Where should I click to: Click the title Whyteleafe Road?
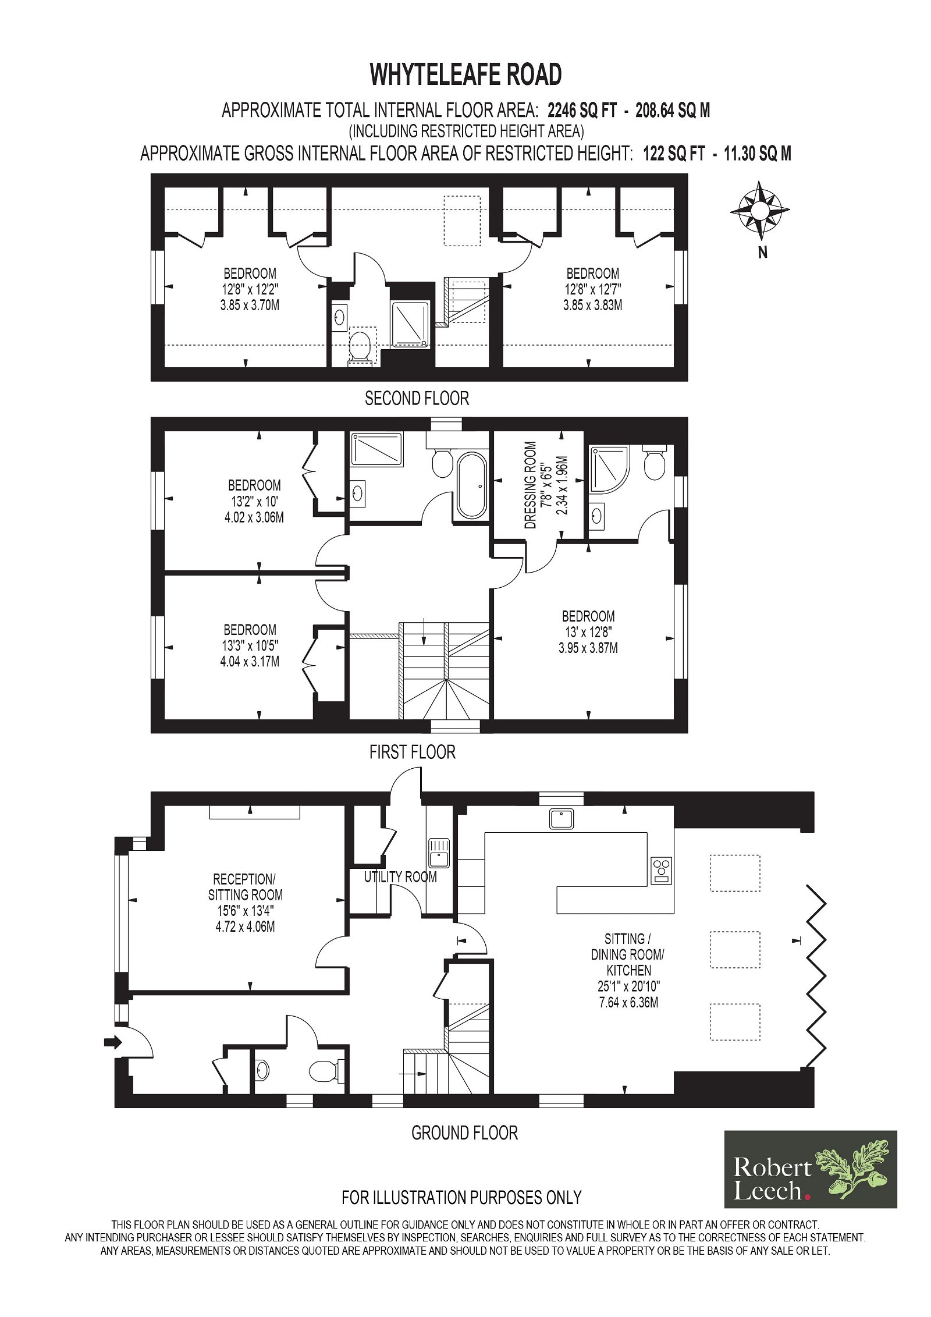pos(465,74)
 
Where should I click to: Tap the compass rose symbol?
pos(759,210)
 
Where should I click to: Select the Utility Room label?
pos(400,876)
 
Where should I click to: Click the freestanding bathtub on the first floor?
pos(472,485)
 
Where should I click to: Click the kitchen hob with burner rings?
pos(660,870)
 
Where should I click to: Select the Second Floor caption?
pos(417,398)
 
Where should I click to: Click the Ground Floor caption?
pos(464,1133)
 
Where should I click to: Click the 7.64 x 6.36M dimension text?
pos(628,1002)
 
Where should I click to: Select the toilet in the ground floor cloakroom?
pos(326,1070)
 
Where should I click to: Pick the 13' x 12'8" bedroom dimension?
pos(588,632)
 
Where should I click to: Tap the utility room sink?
pos(438,852)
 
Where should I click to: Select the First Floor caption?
pos(412,752)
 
